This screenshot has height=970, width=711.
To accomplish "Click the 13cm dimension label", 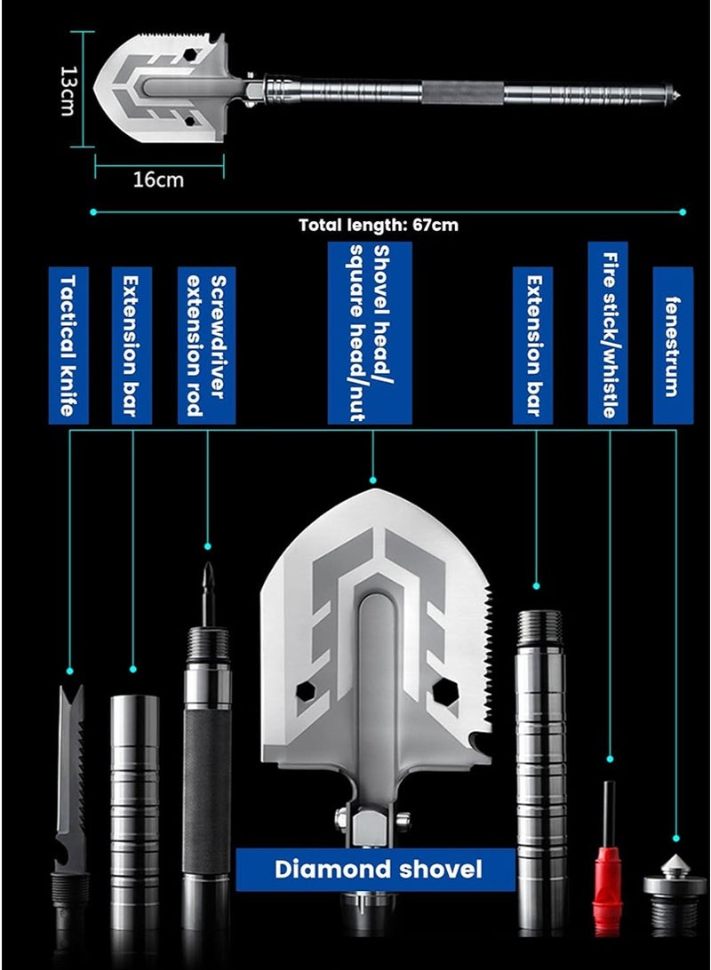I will (x=67, y=89).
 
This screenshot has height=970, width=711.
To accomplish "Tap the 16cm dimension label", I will (x=158, y=179).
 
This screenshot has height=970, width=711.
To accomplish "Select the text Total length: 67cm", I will (x=379, y=225).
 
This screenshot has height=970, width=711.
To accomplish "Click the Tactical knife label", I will (x=68, y=346).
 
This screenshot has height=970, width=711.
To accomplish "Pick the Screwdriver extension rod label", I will (x=206, y=346).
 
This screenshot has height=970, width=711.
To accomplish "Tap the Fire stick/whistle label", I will (x=609, y=332).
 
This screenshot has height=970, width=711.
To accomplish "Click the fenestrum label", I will (x=673, y=346).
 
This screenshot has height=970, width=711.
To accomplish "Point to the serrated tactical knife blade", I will (x=69, y=773).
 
